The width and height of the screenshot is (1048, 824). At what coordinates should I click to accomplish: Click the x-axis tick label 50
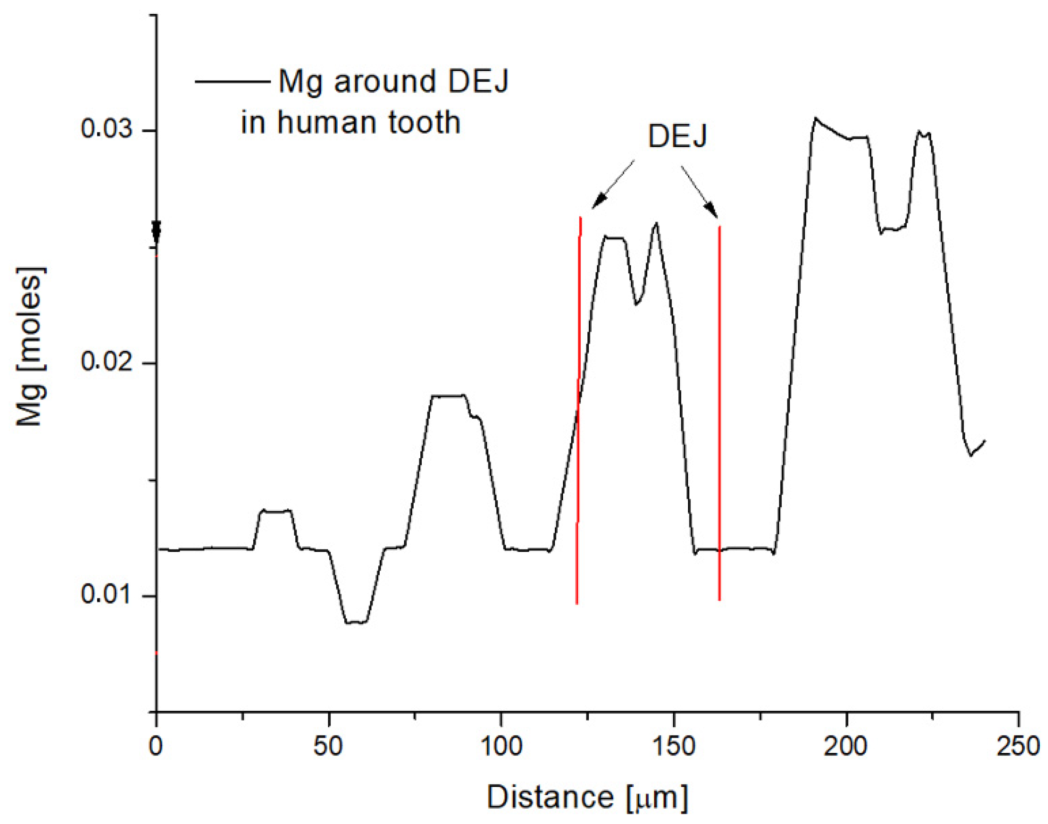[328, 746]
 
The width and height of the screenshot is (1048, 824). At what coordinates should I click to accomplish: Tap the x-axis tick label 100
[502, 746]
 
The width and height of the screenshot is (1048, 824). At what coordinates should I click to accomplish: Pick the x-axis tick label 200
[846, 746]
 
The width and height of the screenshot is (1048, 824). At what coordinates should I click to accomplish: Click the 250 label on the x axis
[1019, 746]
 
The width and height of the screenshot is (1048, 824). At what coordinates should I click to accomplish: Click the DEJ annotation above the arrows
[677, 137]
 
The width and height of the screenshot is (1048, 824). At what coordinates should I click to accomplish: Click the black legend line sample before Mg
[232, 81]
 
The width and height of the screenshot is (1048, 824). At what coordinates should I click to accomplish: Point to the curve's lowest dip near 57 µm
[356, 622]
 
